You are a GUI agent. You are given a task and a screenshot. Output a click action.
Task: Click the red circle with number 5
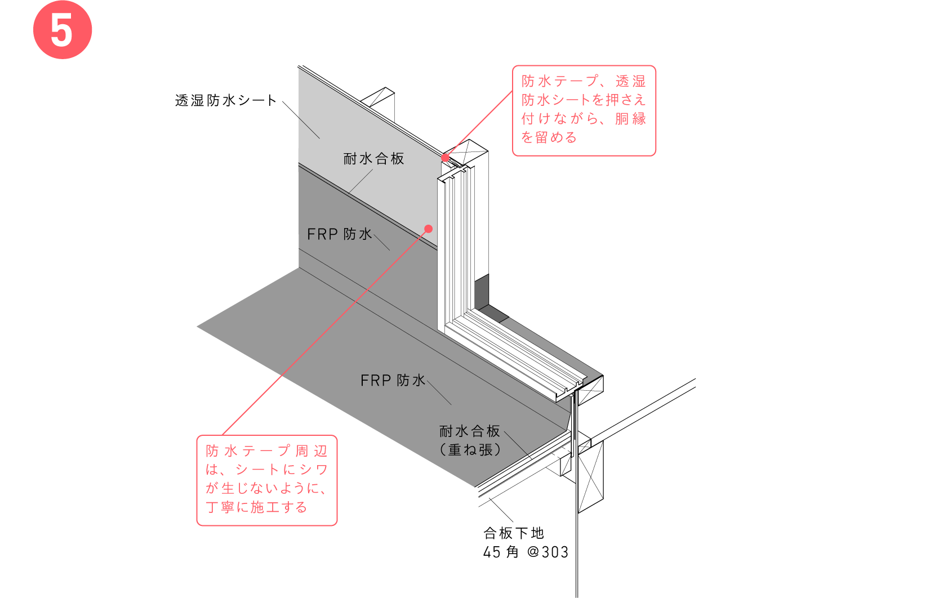[63, 30]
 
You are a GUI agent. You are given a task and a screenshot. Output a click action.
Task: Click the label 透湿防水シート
[226, 101]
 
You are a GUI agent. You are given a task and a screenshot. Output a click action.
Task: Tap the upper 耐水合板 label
[373, 159]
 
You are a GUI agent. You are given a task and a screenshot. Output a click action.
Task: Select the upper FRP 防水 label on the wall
[340, 234]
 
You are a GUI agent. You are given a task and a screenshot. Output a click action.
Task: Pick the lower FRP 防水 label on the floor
[393, 381]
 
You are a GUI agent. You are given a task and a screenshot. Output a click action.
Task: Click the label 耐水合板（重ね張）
[470, 440]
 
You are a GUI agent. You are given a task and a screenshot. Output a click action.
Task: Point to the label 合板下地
[514, 533]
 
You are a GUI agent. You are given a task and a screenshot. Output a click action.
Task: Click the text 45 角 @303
[526, 552]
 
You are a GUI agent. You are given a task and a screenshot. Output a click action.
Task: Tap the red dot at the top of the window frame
[445, 158]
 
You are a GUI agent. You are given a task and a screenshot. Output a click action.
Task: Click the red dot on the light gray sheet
[429, 229]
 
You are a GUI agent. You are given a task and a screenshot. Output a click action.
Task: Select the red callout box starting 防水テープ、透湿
[584, 110]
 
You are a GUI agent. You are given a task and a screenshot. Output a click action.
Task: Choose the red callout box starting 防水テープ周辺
[267, 480]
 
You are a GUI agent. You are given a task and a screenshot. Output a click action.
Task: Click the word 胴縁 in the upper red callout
[630, 119]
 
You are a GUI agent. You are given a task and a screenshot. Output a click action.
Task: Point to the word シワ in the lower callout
[314, 470]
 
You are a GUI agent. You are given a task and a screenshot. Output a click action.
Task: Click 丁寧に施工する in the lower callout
[256, 507]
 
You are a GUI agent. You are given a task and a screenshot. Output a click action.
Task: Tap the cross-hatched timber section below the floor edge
[591, 477]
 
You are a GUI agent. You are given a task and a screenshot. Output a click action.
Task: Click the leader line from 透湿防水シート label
[301, 120]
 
